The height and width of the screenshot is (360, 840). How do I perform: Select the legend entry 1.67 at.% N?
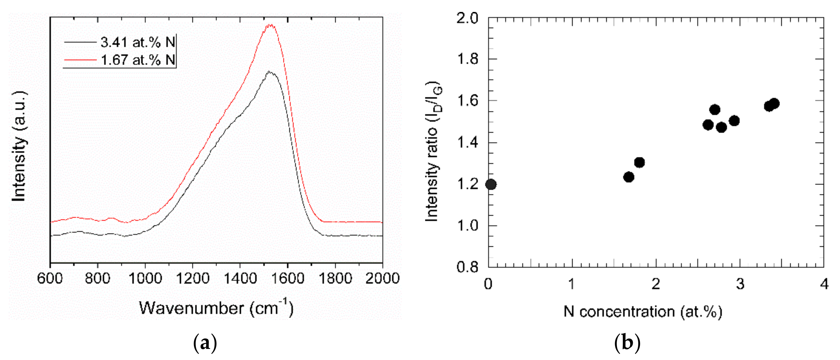pyautogui.click(x=137, y=60)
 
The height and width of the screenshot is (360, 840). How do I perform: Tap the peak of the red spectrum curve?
pyautogui.click(x=270, y=25)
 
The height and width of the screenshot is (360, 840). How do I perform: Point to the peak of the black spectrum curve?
pyautogui.click(x=270, y=72)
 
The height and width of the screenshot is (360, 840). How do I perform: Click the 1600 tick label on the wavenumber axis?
pyautogui.click(x=287, y=279)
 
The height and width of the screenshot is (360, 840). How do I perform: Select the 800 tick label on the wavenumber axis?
pyautogui.click(x=97, y=279)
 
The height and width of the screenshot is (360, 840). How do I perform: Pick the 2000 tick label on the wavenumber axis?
pyautogui.click(x=382, y=279)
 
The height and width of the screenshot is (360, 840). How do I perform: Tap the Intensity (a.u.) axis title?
pyautogui.click(x=19, y=147)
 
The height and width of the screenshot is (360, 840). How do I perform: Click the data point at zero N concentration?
pyautogui.click(x=491, y=184)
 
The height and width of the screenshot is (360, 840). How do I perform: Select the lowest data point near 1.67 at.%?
pyautogui.click(x=629, y=177)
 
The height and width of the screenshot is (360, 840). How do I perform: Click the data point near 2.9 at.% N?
pyautogui.click(x=734, y=121)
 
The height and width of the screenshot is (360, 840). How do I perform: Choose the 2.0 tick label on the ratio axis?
pyautogui.click(x=467, y=18)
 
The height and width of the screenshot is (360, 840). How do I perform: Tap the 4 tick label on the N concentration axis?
pyautogui.click(x=824, y=284)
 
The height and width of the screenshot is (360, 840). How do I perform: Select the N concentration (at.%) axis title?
pyautogui.click(x=643, y=312)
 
